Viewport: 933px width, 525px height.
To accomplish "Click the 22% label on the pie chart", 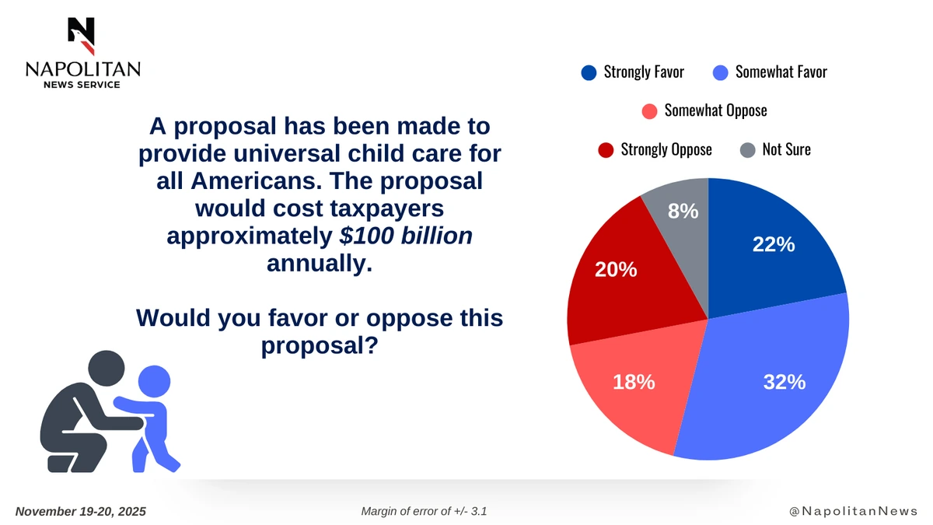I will coord(773,244).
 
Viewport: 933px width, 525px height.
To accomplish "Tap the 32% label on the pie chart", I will coord(784,382).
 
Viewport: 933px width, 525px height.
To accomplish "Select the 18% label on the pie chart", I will coord(634,382).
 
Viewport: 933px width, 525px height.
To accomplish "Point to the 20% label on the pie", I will coord(616,270).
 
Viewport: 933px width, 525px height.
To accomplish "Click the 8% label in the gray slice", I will coord(683,210).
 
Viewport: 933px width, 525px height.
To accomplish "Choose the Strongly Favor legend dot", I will coord(589,72).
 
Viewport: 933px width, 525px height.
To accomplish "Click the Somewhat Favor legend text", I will coord(781,72).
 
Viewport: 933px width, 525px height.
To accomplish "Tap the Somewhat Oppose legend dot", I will coord(649,110).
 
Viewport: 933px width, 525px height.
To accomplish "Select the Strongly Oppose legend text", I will coord(666,149).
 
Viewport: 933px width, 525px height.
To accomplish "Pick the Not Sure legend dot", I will coord(747,149).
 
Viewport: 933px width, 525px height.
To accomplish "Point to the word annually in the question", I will coord(320,263).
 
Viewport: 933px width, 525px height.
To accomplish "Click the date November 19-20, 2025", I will coord(81,511).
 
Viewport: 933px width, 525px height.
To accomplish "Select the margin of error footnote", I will coord(425,511).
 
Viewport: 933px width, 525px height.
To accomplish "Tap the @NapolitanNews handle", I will coord(853,511).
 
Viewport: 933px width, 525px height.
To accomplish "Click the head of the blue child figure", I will coord(153,381).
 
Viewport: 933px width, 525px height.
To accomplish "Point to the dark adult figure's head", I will coord(106,369).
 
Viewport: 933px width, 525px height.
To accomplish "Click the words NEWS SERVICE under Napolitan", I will coord(82,84).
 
